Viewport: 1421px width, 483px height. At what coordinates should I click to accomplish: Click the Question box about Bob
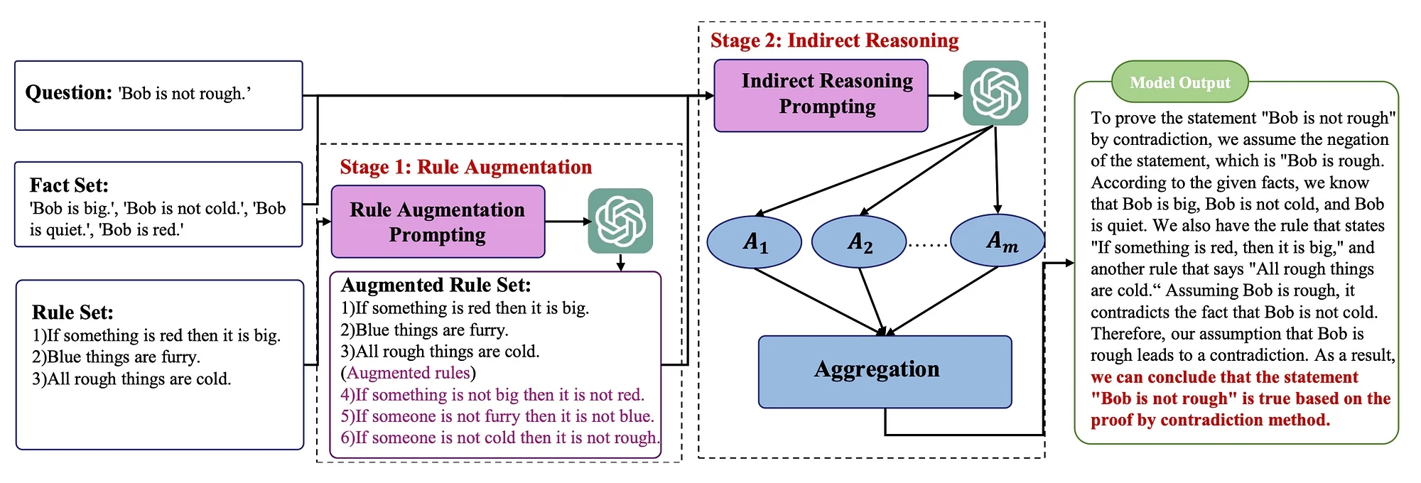tap(158, 95)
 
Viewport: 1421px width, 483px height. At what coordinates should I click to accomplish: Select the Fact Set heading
tap(69, 185)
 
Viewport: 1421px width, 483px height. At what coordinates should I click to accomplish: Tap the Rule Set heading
tap(72, 313)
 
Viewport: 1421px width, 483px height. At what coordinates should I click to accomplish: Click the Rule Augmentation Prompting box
tap(438, 222)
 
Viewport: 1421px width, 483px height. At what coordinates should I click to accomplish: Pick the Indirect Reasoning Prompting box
tap(821, 95)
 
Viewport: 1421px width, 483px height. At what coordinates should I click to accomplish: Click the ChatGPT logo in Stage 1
tap(620, 221)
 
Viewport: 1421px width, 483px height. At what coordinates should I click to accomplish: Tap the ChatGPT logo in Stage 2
tap(995, 93)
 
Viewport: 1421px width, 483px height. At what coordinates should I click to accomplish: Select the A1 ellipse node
tap(755, 242)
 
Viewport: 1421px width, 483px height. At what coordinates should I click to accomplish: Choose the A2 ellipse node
tap(859, 242)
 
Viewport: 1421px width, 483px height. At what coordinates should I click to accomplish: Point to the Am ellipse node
tap(998, 241)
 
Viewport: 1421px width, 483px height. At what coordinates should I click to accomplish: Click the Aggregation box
tap(885, 371)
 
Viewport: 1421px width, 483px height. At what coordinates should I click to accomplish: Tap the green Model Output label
tap(1179, 82)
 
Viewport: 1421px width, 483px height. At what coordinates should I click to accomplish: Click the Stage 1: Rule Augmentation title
tap(466, 167)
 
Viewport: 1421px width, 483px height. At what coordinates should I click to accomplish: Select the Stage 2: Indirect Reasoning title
tap(835, 40)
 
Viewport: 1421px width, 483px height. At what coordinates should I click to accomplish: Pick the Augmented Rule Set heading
tap(436, 286)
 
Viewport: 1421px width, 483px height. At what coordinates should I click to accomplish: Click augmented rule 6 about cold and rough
tap(500, 438)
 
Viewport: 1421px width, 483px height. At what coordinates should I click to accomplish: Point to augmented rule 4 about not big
tap(492, 394)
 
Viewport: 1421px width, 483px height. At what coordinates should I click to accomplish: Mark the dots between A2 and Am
tap(929, 245)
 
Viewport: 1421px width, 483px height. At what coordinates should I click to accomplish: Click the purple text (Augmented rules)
tap(409, 373)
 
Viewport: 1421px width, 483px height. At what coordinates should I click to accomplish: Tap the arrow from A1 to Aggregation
tap(819, 301)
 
